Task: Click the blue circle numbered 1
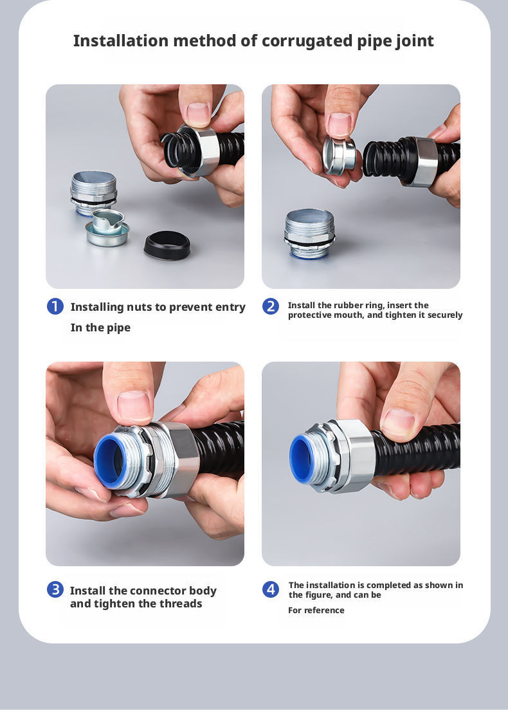[x=55, y=306]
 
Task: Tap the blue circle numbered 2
[x=271, y=306]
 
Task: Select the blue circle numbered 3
[x=55, y=589]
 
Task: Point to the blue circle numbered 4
[x=271, y=589]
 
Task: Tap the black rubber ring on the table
[x=167, y=245]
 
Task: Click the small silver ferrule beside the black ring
[x=107, y=228]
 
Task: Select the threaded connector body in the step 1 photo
[x=93, y=193]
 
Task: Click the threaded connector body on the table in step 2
[x=309, y=234]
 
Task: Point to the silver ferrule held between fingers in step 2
[x=338, y=156]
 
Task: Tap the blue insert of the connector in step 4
[x=303, y=458]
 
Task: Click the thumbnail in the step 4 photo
[x=398, y=424]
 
